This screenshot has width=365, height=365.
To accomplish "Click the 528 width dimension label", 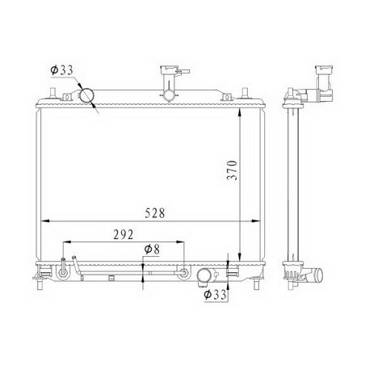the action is tap(155, 213).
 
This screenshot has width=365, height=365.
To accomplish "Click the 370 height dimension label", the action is tap(232, 170).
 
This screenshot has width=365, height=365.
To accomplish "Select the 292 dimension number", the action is tap(124, 235).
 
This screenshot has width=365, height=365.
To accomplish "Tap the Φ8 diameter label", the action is tap(152, 250).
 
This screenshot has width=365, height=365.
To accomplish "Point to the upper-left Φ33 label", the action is tap(61, 70).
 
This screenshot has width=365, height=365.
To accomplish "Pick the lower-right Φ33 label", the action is tap(215, 295).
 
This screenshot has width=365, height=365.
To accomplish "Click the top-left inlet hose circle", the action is tap(86, 95).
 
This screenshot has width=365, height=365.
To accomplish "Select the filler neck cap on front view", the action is tap(169, 70).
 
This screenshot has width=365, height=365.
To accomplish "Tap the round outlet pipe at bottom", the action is tap(203, 275).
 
